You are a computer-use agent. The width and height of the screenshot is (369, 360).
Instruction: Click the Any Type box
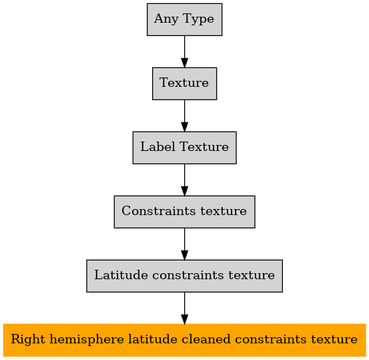click(184, 19)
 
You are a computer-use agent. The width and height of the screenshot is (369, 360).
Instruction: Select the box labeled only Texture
click(184, 83)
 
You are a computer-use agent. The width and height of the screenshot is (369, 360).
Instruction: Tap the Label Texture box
click(184, 148)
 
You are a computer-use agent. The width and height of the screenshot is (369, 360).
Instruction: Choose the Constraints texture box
click(184, 212)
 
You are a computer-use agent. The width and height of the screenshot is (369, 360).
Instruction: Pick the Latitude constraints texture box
click(184, 276)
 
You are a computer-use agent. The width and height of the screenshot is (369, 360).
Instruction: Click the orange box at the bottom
click(184, 340)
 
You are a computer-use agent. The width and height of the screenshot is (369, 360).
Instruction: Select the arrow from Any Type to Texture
click(184, 52)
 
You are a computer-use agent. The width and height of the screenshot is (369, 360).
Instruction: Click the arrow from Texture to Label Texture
click(184, 116)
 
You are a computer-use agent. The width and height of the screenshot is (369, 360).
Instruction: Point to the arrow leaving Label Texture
click(184, 180)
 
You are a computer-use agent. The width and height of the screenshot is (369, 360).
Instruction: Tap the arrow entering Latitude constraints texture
click(184, 244)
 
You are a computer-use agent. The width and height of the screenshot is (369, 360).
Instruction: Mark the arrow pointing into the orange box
click(184, 308)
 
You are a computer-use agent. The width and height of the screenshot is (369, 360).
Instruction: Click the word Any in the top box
click(166, 19)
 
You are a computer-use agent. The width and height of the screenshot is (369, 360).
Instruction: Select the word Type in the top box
click(198, 19)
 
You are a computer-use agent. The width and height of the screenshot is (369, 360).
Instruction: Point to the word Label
click(158, 146)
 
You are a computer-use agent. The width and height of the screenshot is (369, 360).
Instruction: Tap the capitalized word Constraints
click(159, 210)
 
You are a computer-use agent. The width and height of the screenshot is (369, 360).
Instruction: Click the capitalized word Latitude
click(121, 275)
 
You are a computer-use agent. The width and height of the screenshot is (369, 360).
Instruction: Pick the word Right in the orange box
click(28, 339)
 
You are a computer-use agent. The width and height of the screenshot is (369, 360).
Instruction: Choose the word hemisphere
click(87, 339)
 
